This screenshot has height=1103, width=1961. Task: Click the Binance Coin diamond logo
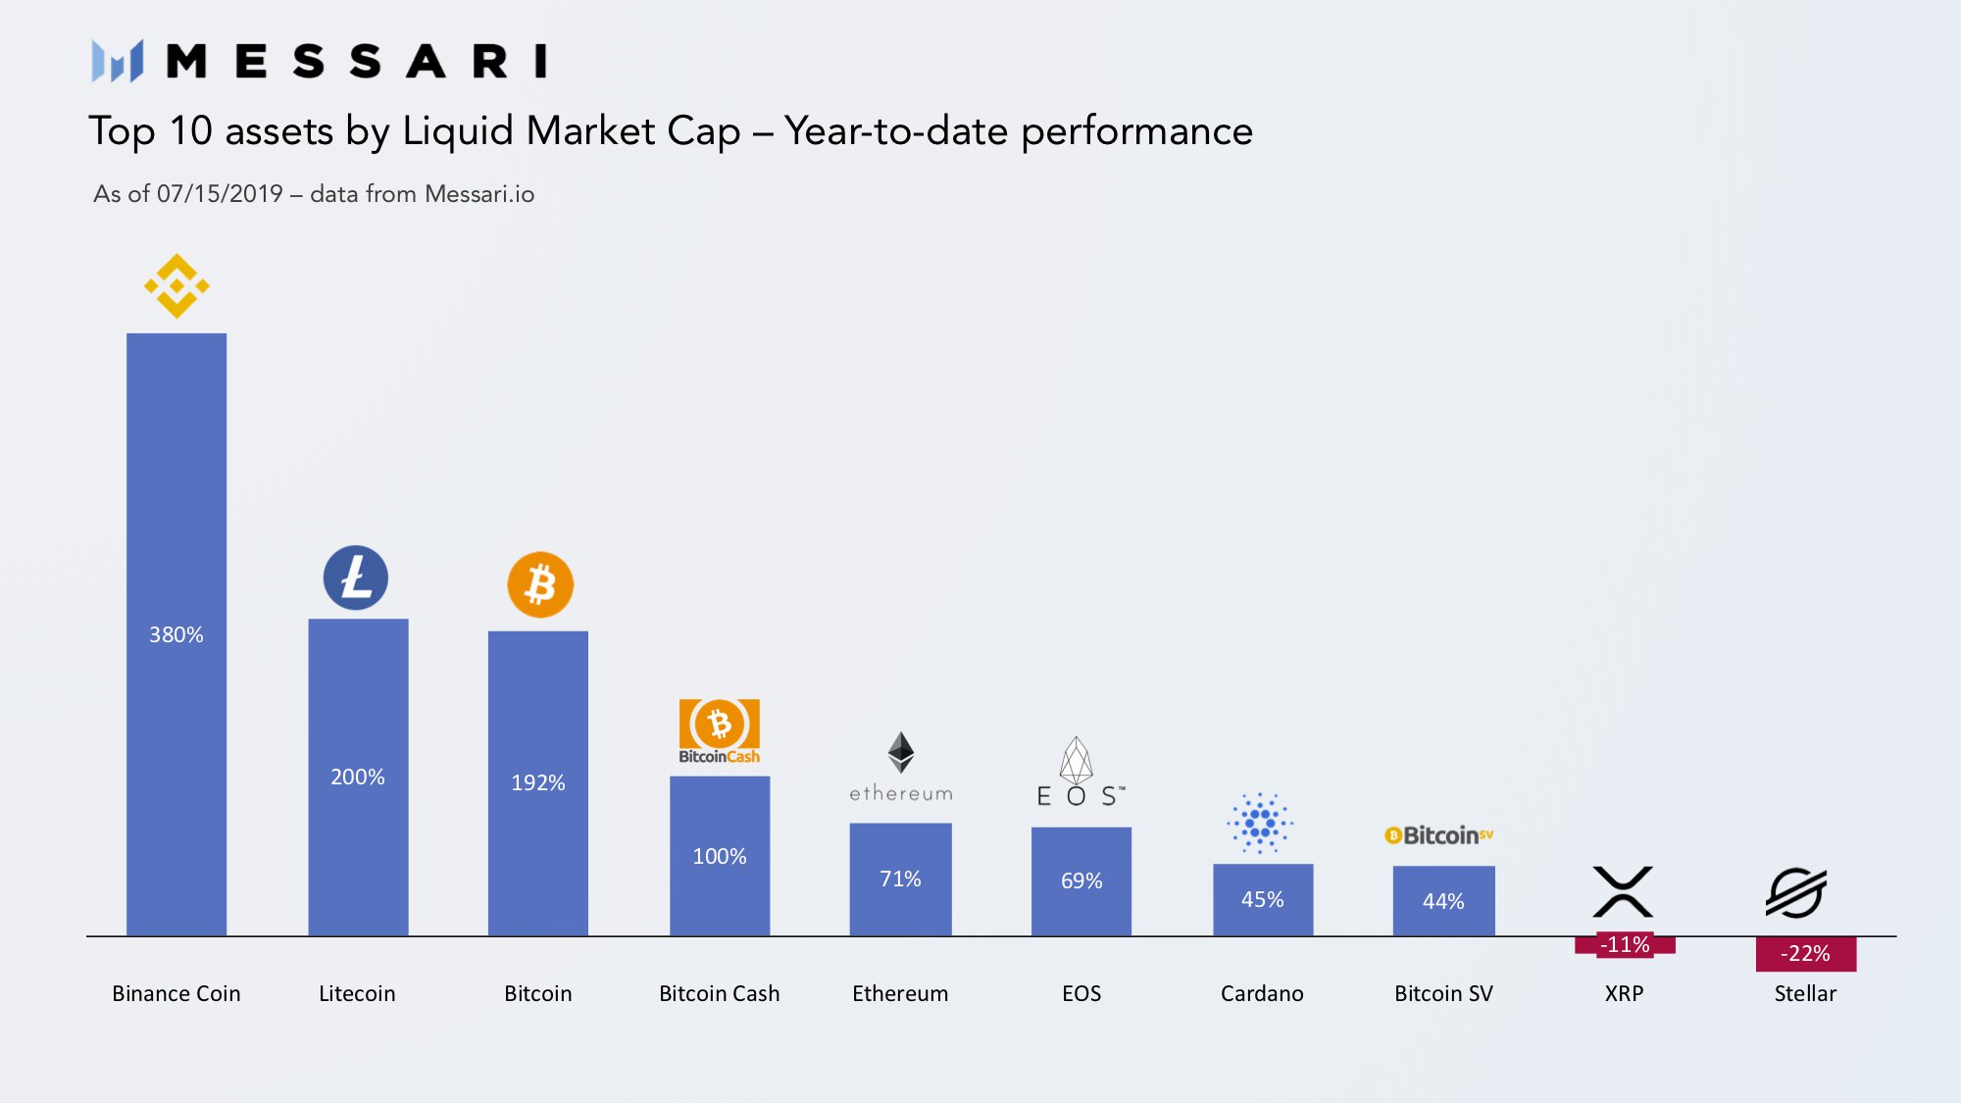click(x=176, y=286)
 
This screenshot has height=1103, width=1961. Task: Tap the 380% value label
click(x=176, y=634)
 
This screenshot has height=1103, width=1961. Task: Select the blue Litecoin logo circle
click(x=356, y=577)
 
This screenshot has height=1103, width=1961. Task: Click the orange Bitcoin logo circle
click(x=540, y=585)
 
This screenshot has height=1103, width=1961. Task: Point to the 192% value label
click(x=538, y=782)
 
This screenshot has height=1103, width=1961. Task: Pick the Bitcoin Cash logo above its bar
click(x=720, y=731)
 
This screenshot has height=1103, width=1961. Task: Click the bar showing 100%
click(x=720, y=856)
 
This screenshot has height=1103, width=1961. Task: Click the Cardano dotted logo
click(x=1260, y=823)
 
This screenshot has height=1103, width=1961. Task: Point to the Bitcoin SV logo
click(x=1438, y=835)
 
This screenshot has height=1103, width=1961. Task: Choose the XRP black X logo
click(x=1623, y=891)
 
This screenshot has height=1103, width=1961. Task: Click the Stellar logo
click(x=1796, y=892)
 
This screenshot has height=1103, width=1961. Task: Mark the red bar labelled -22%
click(x=1806, y=954)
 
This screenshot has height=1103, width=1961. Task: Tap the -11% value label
click(x=1625, y=944)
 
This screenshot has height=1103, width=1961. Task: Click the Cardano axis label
click(x=1262, y=993)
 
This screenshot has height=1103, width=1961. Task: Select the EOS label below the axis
click(x=1081, y=993)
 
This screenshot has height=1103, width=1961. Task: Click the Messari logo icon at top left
click(x=118, y=61)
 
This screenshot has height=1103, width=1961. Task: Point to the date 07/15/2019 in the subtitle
click(x=220, y=193)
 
